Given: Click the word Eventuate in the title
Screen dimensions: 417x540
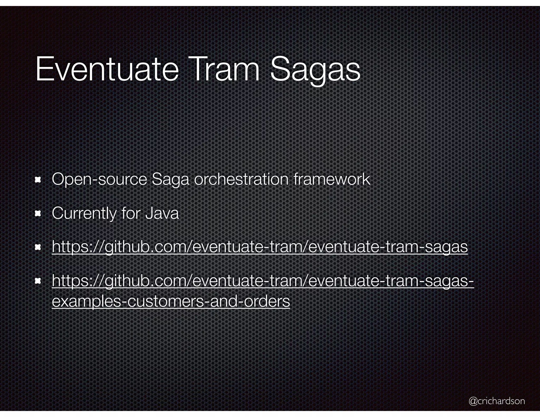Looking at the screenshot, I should [x=107, y=70].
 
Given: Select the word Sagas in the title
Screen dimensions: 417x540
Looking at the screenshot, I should [x=315, y=70].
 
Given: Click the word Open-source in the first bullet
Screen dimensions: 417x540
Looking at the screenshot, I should [x=99, y=180].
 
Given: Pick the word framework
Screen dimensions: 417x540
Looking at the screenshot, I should [x=332, y=180].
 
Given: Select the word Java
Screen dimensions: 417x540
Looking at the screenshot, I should [x=162, y=213].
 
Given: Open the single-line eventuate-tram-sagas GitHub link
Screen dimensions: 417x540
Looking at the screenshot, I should [x=260, y=247].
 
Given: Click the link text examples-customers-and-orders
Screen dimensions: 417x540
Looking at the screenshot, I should [x=171, y=301].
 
